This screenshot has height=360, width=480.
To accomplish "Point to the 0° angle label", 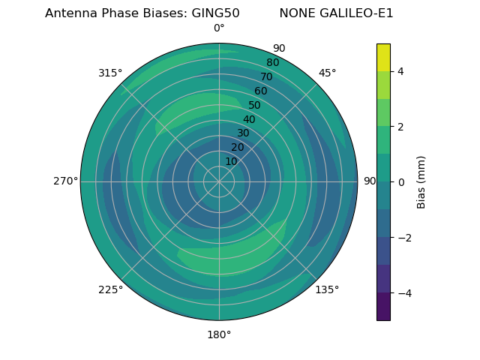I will pos(219,28).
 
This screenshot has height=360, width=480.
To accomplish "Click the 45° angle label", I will pos(327,73).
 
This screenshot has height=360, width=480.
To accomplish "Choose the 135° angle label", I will pos(327,289).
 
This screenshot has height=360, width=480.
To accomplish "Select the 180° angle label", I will pos(219,334).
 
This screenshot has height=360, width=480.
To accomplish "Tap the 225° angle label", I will pos(111,289).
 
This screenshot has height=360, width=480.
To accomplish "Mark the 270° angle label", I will pos(66,181).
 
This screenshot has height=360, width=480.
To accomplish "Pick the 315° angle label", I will pos(110,73).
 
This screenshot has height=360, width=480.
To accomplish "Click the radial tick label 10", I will pos(232,161).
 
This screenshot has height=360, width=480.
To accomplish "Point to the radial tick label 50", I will pos(254,105).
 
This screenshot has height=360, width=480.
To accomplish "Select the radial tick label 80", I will pos(273,63).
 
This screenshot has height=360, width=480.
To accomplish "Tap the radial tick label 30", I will pos(243,133).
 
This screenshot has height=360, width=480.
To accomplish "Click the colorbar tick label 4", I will pos(400,71).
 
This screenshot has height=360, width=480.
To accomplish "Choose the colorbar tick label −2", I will pos(404,238).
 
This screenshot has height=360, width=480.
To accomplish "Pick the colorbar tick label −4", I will pos(404,293).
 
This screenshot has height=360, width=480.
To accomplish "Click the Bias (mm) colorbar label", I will pos(421,182).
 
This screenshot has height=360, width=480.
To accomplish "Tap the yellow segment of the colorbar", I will pos(383,57).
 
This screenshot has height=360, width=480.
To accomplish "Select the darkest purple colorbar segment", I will pos(383,307).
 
